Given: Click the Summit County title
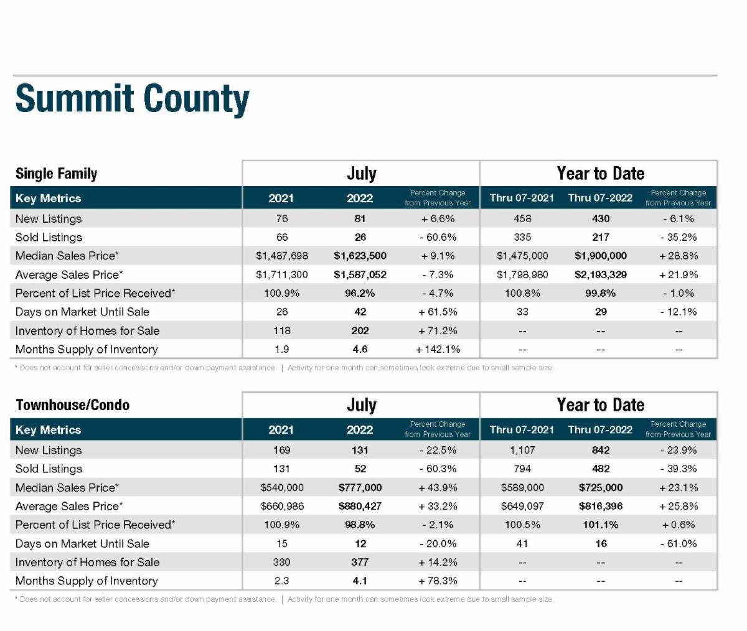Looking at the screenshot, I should [x=132, y=100].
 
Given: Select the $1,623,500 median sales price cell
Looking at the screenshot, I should [x=360, y=256].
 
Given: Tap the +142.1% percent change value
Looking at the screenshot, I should [x=438, y=349].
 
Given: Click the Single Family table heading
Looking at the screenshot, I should [x=56, y=174].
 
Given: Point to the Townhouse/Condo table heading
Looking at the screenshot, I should [x=72, y=405].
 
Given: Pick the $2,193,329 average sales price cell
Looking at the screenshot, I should [x=600, y=274].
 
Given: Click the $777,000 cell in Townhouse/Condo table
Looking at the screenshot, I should [x=360, y=487].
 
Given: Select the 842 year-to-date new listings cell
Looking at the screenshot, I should [x=601, y=450].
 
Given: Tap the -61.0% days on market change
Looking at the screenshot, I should [x=679, y=543].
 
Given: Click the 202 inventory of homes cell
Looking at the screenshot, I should [x=360, y=330].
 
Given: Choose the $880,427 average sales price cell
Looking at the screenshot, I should [x=360, y=506].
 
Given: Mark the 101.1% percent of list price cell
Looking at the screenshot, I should [x=600, y=525].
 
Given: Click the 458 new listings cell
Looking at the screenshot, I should [x=522, y=218].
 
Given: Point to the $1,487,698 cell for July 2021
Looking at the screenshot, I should [x=282, y=256].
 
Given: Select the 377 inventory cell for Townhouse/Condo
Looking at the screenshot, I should [x=360, y=562].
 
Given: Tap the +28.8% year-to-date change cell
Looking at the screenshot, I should [x=679, y=256].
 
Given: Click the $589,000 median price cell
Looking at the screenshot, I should [x=522, y=487].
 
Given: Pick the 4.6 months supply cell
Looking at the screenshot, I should [x=360, y=349].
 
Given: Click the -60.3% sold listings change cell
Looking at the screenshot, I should [x=438, y=469].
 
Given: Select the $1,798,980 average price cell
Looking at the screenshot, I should [x=522, y=274].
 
